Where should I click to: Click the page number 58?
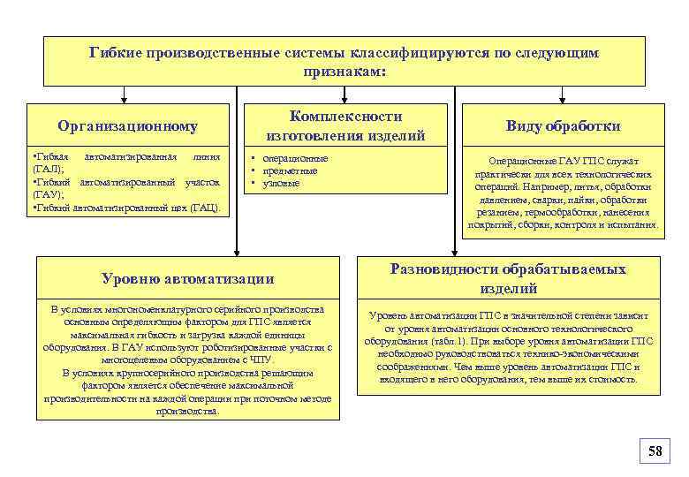click(655, 451)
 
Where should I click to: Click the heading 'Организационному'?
click(127, 126)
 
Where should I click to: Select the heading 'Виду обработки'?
click(563, 126)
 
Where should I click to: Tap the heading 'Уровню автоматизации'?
click(188, 278)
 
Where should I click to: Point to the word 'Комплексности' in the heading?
click(345, 117)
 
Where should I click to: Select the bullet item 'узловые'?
click(283, 183)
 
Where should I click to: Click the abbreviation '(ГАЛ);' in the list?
click(47, 168)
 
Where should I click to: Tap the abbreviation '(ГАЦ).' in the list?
click(208, 208)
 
